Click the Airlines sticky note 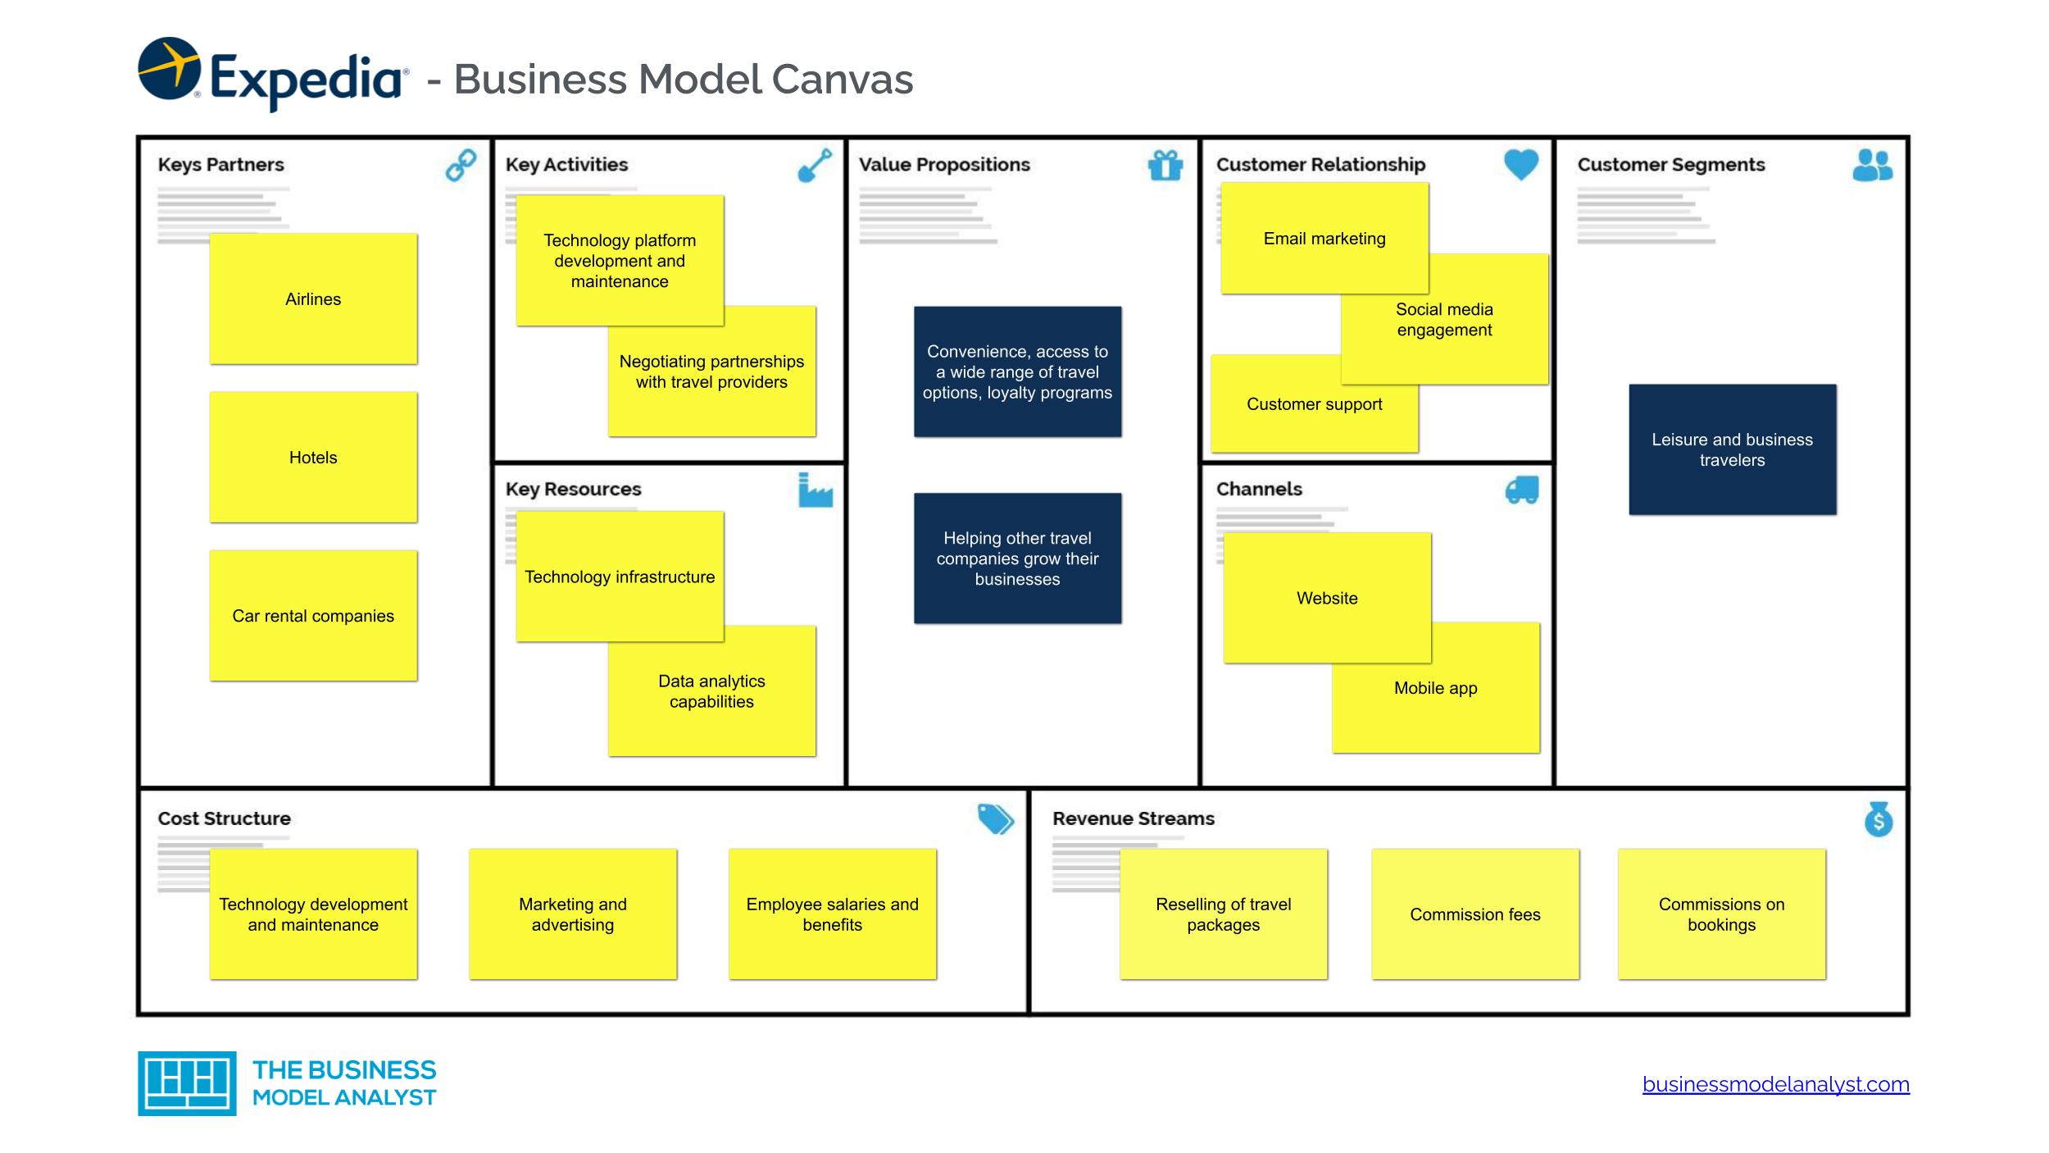[x=313, y=299]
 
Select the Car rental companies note [x=313, y=616]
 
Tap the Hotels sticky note [x=313, y=458]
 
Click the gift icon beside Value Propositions [x=1165, y=165]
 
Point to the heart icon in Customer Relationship [x=1521, y=164]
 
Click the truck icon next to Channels [x=1522, y=490]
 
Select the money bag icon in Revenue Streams [x=1878, y=819]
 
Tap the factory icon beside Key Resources [x=815, y=490]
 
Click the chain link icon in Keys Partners [x=461, y=165]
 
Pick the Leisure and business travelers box [x=1732, y=449]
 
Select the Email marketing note [x=1324, y=239]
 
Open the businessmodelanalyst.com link [x=1775, y=1084]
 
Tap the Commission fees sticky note [x=1474, y=914]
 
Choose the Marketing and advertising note [x=573, y=914]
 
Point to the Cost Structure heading [x=224, y=818]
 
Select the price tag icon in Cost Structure [x=995, y=818]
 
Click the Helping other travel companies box [x=1017, y=558]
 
